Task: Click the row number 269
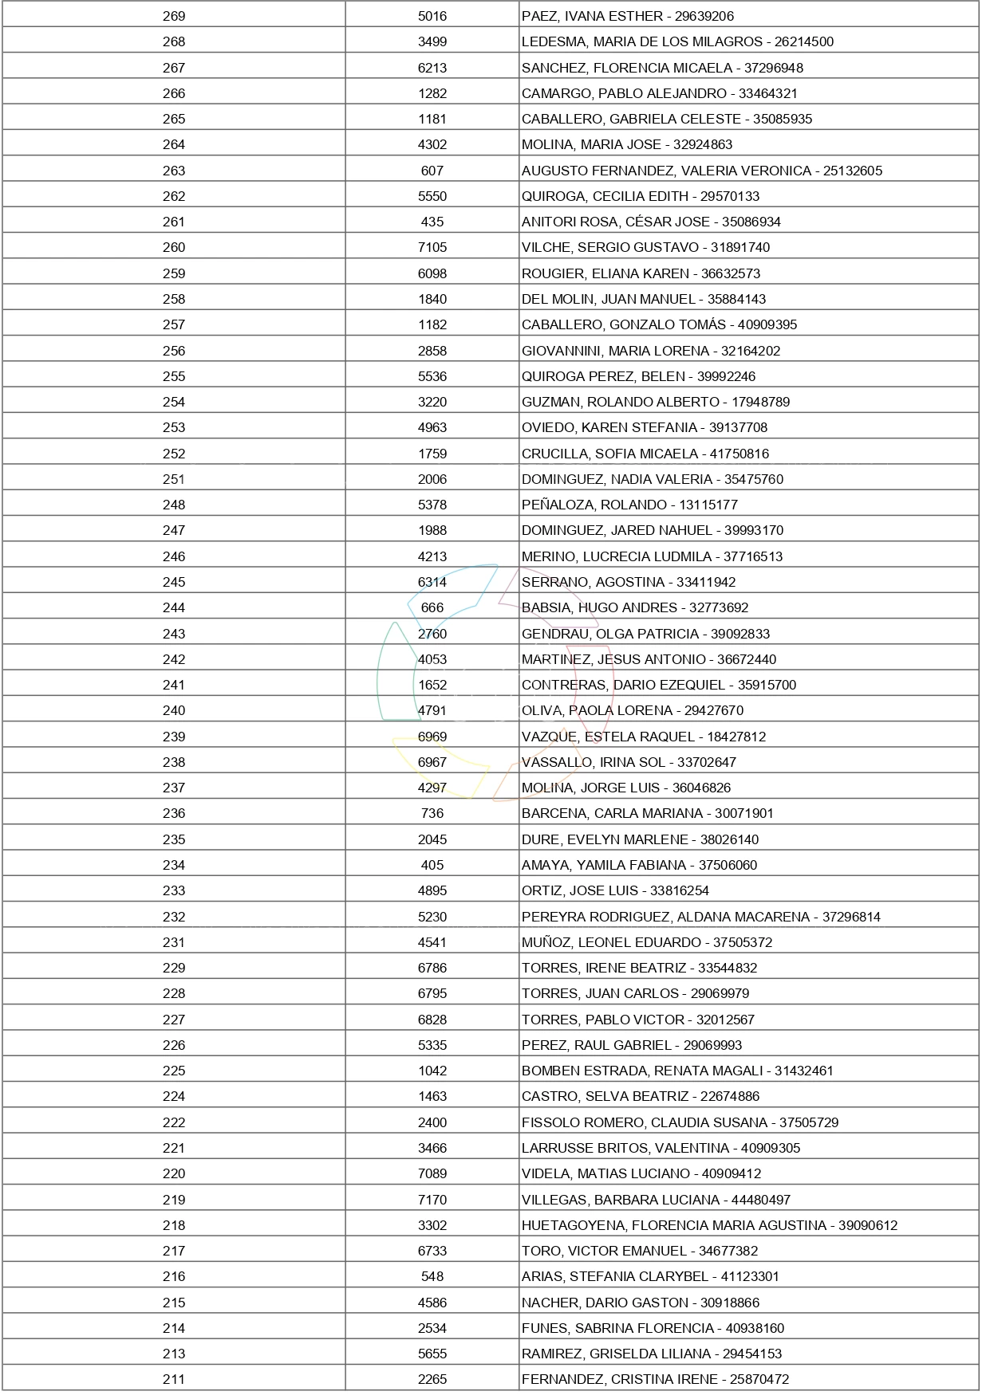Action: [174, 16]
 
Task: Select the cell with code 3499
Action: [432, 41]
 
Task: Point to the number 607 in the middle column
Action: [432, 171]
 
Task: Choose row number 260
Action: [174, 247]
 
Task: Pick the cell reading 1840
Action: [432, 299]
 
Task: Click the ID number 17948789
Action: [760, 402]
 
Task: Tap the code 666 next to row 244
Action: [432, 607]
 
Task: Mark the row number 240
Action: [174, 710]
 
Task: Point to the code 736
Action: [432, 813]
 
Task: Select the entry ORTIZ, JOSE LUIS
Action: [580, 890]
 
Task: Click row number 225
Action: [174, 1071]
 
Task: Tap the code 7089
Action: [432, 1173]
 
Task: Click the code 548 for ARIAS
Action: [432, 1276]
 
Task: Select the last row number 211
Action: [174, 1379]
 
